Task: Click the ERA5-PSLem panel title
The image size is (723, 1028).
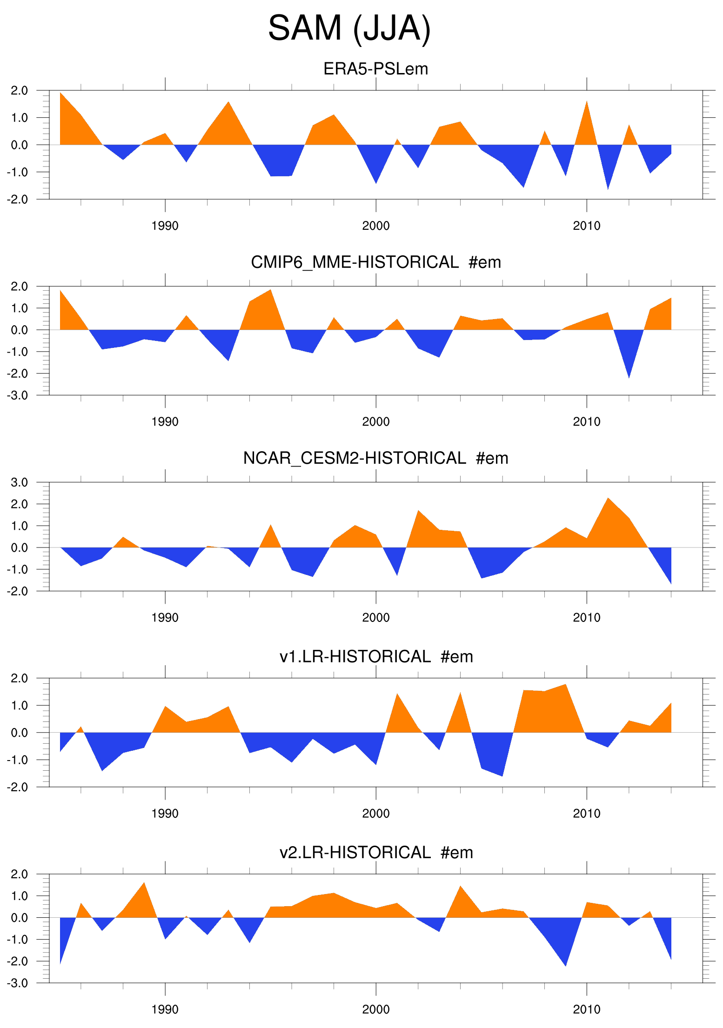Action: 375,69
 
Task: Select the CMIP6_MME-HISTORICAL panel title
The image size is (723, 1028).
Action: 375,262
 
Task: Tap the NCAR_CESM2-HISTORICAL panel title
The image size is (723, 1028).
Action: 375,458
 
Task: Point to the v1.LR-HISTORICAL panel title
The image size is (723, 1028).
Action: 375,656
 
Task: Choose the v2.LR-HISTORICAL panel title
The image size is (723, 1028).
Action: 375,852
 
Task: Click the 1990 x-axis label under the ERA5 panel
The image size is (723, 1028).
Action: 165,226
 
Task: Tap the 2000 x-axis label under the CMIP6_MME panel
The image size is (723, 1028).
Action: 376,422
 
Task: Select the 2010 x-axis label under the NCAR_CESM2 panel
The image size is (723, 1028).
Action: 587,618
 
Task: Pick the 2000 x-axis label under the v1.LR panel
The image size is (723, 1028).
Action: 376,814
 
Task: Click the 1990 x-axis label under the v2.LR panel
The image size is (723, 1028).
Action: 165,1009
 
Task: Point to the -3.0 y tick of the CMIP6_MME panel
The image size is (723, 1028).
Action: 18,395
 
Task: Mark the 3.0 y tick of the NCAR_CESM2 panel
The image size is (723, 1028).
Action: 19,482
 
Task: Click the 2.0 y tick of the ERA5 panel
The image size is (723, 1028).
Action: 19,91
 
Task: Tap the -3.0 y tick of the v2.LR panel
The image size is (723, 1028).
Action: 18,983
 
